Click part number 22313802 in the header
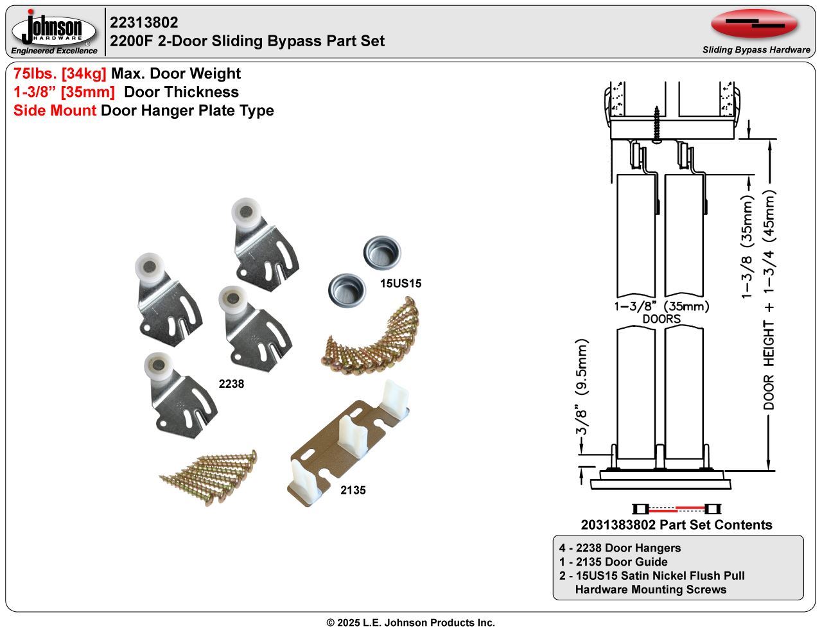pos(144,22)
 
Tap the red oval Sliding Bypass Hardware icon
pos(755,24)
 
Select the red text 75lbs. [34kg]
pos(60,74)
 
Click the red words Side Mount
pos(55,110)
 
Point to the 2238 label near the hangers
pos(231,384)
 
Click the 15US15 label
pos(401,283)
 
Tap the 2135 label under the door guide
pos(353,490)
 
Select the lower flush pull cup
pos(346,290)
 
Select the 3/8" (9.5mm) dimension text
pos(582,388)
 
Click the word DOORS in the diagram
pos(661,319)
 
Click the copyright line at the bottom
pos(411,623)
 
